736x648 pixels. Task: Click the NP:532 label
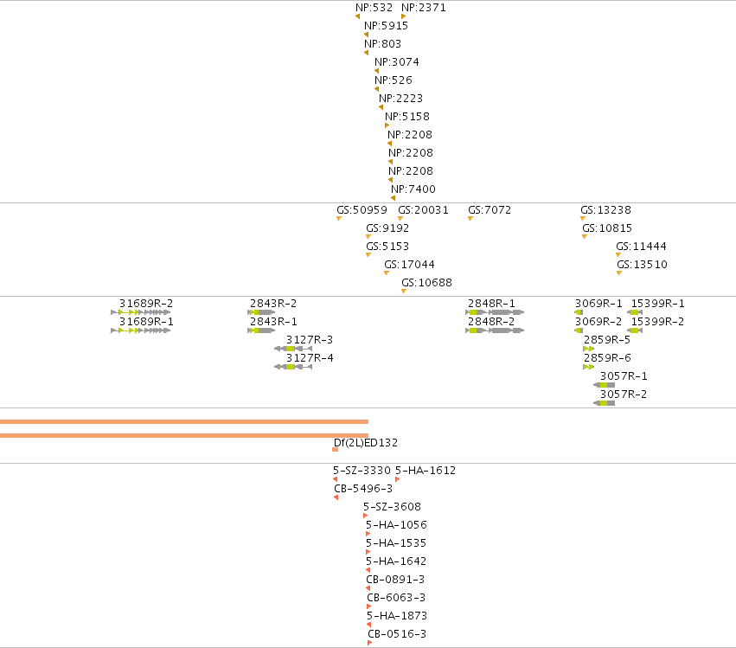click(x=374, y=8)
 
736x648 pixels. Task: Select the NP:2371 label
click(x=424, y=8)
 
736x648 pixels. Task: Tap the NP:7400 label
click(x=413, y=189)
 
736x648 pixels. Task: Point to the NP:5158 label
click(x=407, y=117)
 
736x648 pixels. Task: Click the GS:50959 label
click(x=362, y=210)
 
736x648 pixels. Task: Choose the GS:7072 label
click(x=490, y=210)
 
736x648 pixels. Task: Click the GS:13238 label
click(x=605, y=210)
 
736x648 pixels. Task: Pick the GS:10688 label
click(x=426, y=283)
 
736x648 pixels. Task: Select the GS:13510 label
click(x=642, y=265)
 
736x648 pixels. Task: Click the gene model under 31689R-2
click(x=140, y=312)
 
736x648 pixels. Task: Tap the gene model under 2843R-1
click(x=261, y=330)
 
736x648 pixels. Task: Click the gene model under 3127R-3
click(x=293, y=349)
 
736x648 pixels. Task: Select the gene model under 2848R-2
click(x=495, y=330)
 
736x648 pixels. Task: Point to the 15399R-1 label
click(x=657, y=304)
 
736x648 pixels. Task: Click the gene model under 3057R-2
click(x=604, y=403)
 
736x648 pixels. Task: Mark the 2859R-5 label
click(x=607, y=339)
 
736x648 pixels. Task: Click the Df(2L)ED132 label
click(x=366, y=443)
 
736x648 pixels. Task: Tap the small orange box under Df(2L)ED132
click(x=336, y=450)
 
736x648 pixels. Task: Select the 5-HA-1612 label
click(x=426, y=471)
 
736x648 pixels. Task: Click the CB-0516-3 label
click(x=397, y=634)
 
